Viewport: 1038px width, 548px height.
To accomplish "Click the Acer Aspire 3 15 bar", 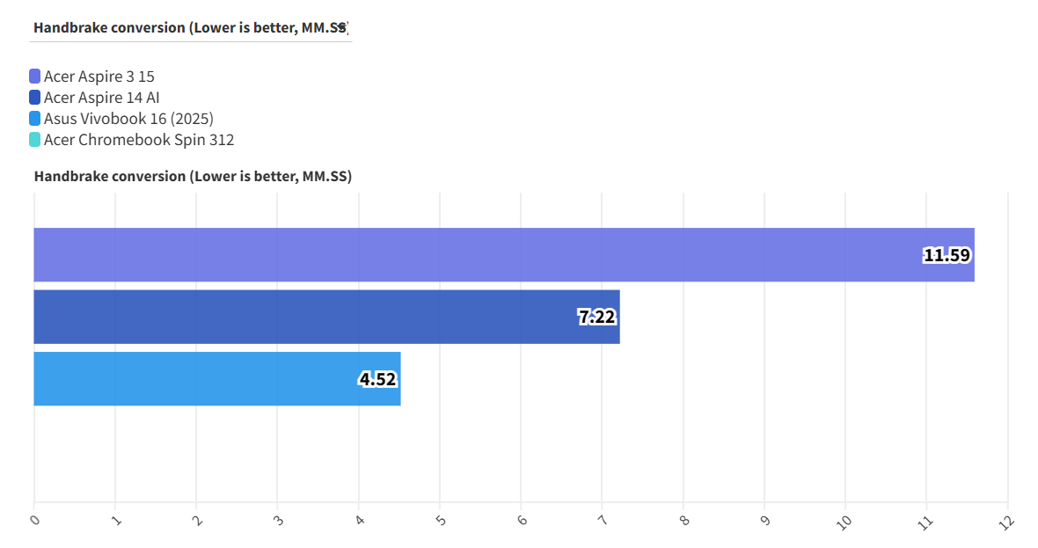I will coord(503,255).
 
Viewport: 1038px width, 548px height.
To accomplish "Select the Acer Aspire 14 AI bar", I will coord(326,317).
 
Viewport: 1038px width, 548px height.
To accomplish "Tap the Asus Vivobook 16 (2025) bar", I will coord(216,379).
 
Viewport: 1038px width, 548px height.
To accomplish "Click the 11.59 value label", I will coord(947,256).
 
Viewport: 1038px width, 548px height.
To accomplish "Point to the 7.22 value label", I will coord(597,318).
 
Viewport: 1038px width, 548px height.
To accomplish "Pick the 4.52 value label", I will coord(377,380).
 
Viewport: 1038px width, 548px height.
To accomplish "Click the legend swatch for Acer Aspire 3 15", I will coord(35,77).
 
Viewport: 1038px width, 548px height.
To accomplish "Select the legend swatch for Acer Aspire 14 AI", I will coord(35,98).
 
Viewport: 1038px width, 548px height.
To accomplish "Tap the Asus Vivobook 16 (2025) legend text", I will coord(128,119).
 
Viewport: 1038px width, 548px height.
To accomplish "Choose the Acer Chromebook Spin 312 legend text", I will coord(139,140).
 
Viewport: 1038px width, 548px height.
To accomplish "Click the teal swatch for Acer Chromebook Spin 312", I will coord(35,140).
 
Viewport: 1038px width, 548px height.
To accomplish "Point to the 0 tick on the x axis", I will coord(34,520).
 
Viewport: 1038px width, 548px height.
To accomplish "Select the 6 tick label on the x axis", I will coord(522,520).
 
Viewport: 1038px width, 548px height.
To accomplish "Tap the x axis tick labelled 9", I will coord(764,520).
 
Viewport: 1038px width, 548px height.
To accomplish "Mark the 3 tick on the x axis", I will coord(278,520).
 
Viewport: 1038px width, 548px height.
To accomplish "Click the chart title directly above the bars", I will coord(193,177).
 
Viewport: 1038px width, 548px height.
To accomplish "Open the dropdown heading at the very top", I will coord(192,27).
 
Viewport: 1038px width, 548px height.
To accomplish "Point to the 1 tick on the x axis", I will coord(115,520).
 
